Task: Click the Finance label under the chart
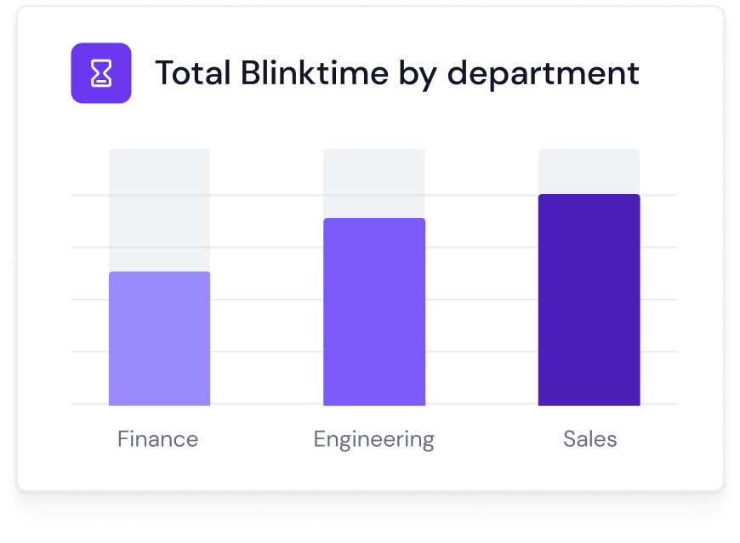158,439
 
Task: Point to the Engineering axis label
373,440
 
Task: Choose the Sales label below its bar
589,439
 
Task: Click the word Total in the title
191,73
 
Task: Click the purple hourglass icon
101,73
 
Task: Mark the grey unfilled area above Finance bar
159,209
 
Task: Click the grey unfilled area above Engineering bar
374,182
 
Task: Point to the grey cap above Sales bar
589,171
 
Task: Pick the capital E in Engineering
321,439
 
